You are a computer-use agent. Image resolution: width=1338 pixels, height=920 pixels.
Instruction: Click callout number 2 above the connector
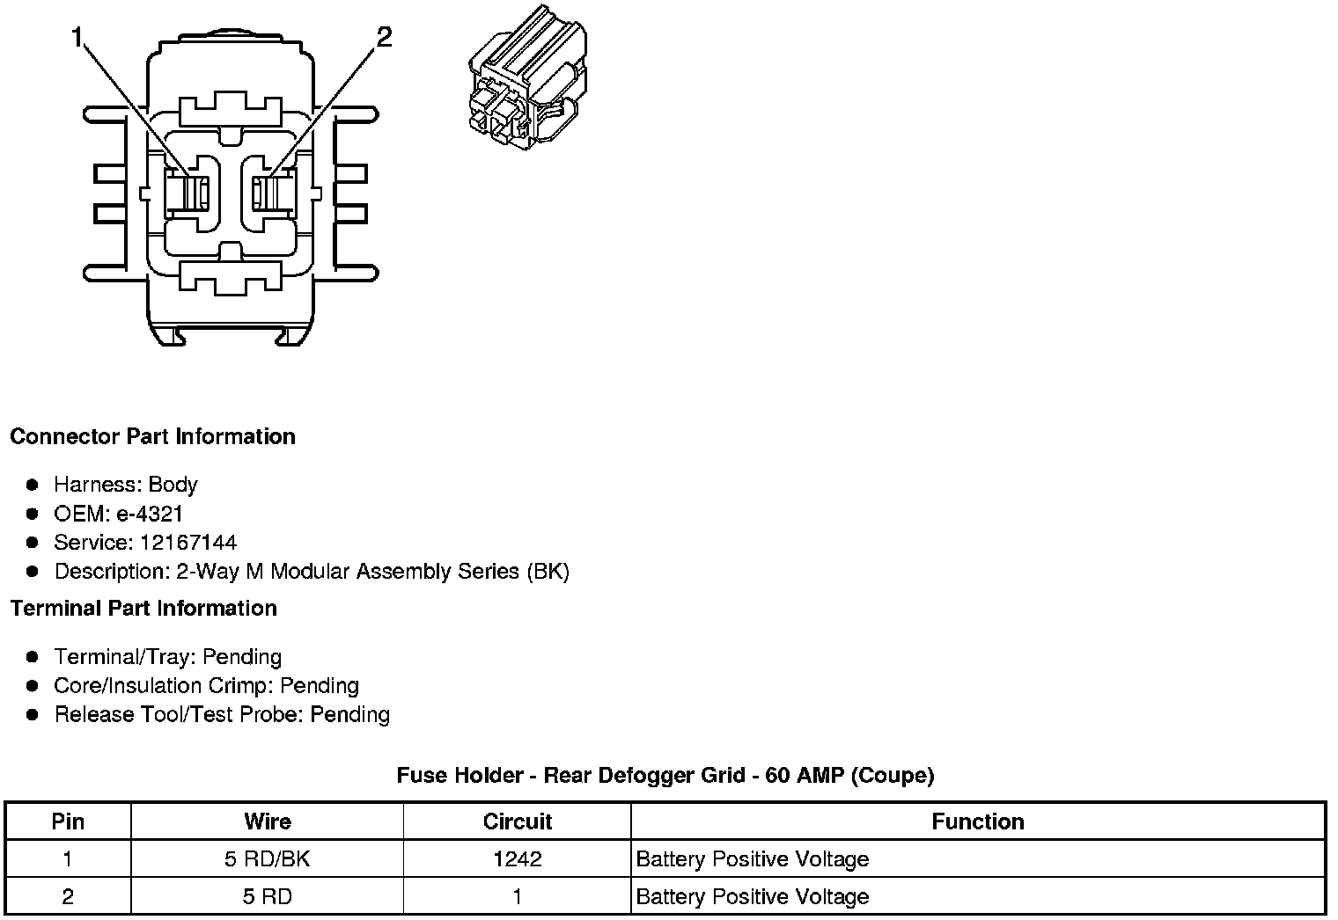(384, 37)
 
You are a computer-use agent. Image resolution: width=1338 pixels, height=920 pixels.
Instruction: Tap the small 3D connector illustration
(526, 78)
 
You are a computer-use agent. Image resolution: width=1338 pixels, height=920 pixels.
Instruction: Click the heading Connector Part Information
(152, 437)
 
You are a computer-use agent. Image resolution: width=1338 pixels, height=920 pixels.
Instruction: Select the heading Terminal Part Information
(143, 609)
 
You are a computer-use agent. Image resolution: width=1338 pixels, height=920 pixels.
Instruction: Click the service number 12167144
(187, 543)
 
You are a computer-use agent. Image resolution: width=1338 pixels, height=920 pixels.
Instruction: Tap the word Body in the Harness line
(173, 485)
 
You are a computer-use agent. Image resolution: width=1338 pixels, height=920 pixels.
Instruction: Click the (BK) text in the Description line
(548, 572)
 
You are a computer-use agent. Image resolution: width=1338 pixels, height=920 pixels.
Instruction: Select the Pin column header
(68, 821)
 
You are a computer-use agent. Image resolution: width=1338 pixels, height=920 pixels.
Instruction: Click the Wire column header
(267, 821)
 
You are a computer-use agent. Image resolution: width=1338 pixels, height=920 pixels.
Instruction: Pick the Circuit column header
(517, 821)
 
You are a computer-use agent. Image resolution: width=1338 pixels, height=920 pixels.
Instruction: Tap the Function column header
(977, 821)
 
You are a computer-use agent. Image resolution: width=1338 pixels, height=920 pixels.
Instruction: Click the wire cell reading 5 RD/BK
(267, 859)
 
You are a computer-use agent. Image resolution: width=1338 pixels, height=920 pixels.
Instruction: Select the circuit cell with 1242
(517, 859)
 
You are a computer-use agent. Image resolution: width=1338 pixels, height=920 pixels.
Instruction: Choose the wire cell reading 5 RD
(267, 897)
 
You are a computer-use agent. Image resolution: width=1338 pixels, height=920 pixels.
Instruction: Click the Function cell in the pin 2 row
(752, 897)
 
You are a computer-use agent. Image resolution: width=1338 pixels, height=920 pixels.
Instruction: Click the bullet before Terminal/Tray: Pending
(33, 657)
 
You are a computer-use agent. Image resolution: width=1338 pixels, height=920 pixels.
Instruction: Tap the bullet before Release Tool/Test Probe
(33, 715)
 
